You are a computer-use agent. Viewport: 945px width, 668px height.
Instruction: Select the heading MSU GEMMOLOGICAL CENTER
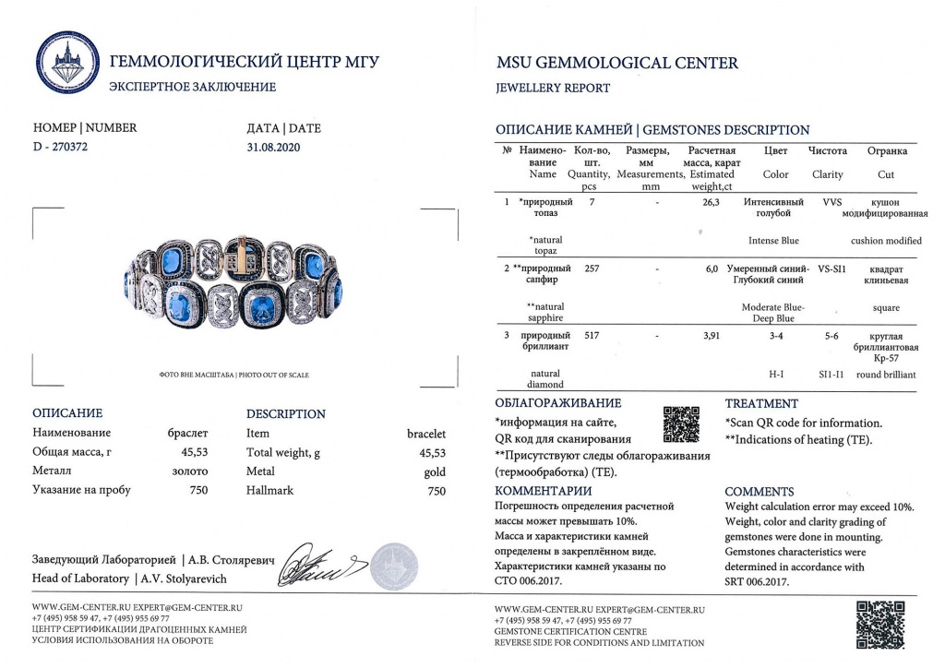(617, 64)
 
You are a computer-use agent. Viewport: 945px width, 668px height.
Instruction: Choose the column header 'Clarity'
(827, 174)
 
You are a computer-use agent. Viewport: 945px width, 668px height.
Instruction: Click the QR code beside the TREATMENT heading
(681, 423)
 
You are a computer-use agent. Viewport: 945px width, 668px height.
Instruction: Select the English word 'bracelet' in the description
(426, 433)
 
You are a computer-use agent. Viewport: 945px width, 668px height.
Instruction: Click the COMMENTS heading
(760, 492)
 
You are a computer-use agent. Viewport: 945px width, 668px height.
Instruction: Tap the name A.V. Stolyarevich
(184, 579)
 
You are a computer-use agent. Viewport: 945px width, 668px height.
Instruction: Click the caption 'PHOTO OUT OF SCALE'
(272, 376)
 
